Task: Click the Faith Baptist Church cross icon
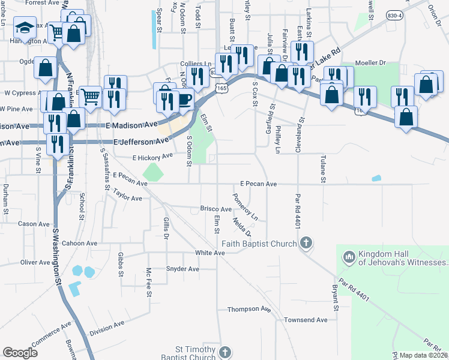(x=306, y=243)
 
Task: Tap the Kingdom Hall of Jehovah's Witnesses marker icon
(x=349, y=257)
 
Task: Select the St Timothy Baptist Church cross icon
(x=225, y=352)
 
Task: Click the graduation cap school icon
(x=25, y=28)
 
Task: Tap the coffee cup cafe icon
(x=184, y=98)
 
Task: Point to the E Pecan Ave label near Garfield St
(x=258, y=184)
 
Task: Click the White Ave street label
(x=209, y=253)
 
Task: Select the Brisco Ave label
(x=215, y=209)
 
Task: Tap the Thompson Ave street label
(x=249, y=309)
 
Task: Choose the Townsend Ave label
(x=307, y=320)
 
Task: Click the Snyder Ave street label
(x=182, y=269)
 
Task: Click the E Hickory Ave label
(x=152, y=157)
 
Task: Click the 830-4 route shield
(x=394, y=14)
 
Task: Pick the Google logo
(x=20, y=352)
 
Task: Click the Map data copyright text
(x=423, y=355)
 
